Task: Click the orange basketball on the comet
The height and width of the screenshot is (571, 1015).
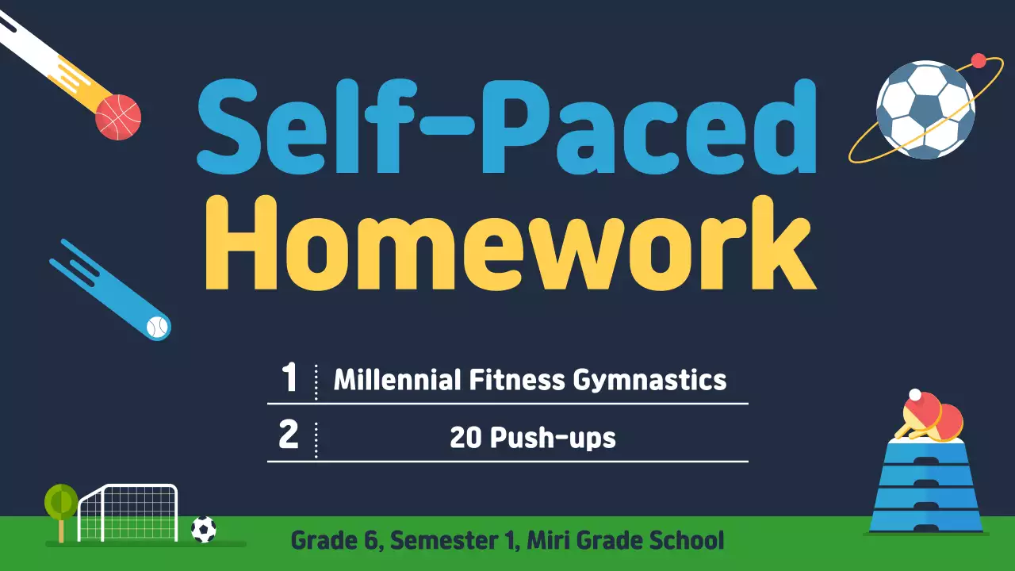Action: click(118, 117)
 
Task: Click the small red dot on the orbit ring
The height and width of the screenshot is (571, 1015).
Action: click(979, 60)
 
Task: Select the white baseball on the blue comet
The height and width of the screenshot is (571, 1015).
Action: click(158, 327)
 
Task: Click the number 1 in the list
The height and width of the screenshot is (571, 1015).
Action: click(289, 379)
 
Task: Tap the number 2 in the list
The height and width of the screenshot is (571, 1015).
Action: click(289, 436)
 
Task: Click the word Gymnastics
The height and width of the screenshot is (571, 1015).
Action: click(649, 381)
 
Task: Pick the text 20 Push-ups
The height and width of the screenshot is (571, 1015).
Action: click(532, 437)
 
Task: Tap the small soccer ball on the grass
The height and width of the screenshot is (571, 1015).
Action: click(204, 529)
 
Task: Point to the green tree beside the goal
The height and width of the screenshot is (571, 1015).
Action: click(61, 504)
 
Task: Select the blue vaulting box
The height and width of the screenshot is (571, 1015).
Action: click(926, 488)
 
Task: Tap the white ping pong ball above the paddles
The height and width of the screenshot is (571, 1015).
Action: click(915, 394)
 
